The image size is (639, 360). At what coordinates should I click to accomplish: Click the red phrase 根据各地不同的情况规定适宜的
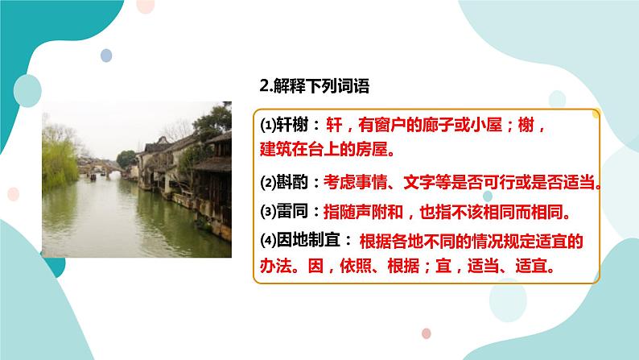pyautogui.click(x=470, y=240)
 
